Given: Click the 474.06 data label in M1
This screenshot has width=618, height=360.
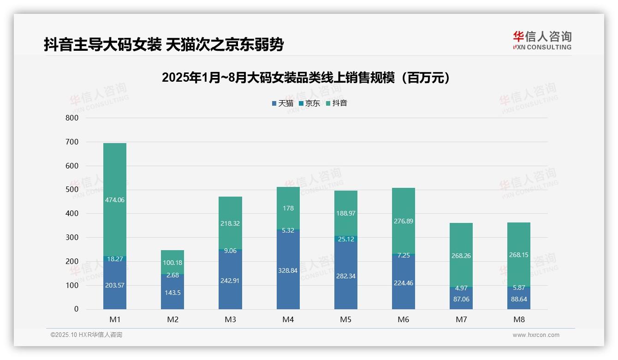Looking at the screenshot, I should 115,200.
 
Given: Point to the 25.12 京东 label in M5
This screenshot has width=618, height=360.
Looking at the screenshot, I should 345,239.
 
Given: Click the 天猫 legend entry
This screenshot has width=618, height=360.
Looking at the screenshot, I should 282,103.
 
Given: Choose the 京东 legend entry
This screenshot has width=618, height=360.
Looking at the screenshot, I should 309,103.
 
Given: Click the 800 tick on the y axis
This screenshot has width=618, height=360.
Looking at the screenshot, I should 72,118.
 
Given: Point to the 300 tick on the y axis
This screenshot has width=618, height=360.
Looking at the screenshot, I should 72,237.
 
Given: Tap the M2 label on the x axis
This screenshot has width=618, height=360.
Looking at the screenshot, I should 172,319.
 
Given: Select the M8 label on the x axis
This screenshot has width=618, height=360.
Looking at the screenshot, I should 518,319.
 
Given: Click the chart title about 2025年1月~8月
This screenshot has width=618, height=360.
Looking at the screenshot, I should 306,78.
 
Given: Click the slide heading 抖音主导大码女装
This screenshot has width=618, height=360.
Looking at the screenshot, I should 163,45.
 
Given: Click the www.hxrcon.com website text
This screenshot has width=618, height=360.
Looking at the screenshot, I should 536,335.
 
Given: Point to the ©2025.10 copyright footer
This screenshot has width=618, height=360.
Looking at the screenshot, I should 86,335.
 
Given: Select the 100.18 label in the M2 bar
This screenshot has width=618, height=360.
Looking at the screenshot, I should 172,263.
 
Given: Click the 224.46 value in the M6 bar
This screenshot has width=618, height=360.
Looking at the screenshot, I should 403,283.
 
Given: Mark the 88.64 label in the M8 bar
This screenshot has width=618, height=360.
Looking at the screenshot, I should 518,299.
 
